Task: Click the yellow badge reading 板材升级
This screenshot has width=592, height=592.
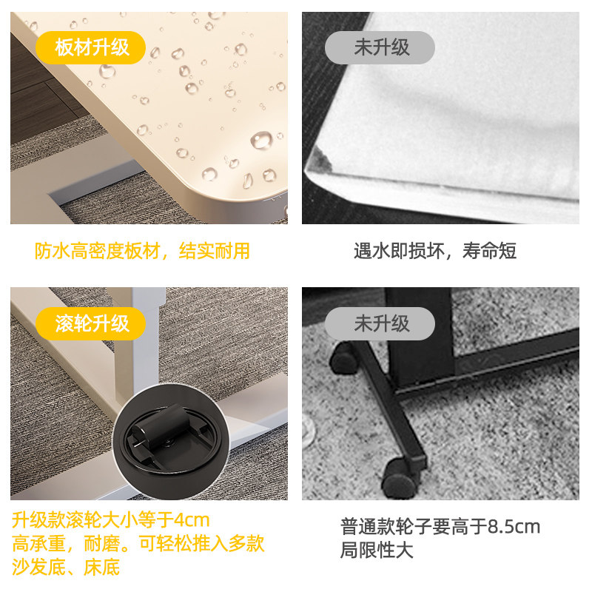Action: [x=92, y=48]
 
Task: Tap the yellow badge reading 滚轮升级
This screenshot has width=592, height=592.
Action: [x=92, y=323]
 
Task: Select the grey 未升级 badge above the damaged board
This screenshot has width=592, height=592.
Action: [x=381, y=48]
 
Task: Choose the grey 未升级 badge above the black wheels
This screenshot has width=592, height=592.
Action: [x=381, y=323]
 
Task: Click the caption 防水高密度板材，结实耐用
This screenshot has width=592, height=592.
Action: [x=142, y=251]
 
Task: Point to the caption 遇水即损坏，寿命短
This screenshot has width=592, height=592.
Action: [x=434, y=251]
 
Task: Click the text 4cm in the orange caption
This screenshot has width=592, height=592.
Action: [x=191, y=519]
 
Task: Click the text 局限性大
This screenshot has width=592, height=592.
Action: [x=377, y=551]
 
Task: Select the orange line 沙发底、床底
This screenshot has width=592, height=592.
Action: [x=66, y=568]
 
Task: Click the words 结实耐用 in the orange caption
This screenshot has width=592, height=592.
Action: [x=221, y=251]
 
